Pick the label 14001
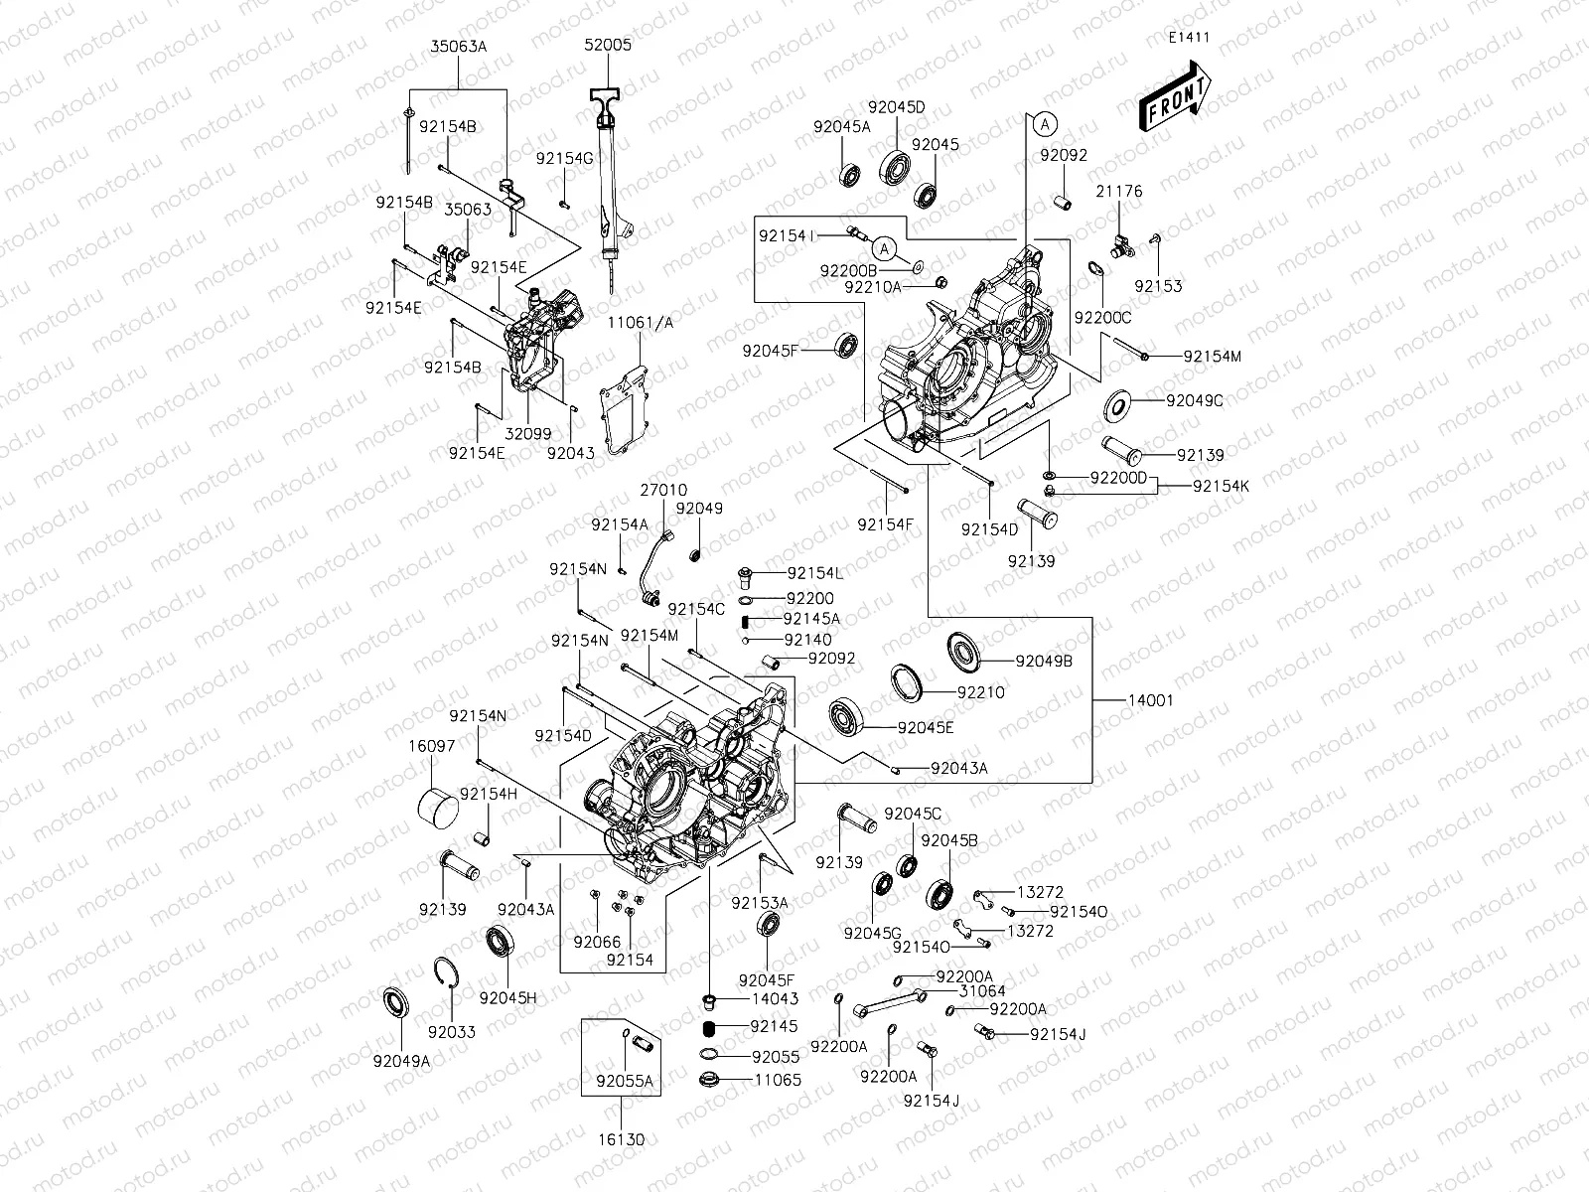point(1150,700)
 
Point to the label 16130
point(621,1139)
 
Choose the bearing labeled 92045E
point(847,716)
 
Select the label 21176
point(1119,191)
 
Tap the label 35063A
point(458,46)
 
